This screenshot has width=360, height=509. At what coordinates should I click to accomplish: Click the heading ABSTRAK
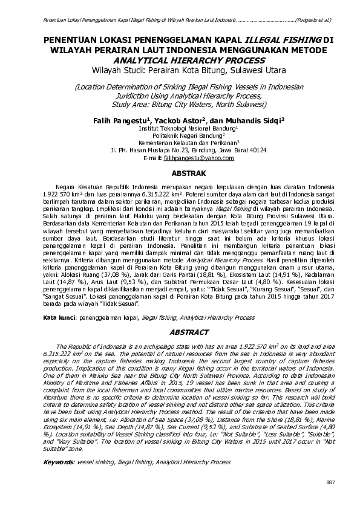[x=180, y=172]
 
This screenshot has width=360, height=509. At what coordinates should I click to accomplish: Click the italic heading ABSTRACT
[x=180, y=332]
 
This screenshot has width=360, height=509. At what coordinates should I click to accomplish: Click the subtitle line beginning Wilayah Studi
[x=180, y=70]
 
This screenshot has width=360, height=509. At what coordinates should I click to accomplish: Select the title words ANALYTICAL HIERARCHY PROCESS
[x=180, y=60]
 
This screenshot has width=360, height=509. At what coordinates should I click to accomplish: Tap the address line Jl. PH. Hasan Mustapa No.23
[x=180, y=151]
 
